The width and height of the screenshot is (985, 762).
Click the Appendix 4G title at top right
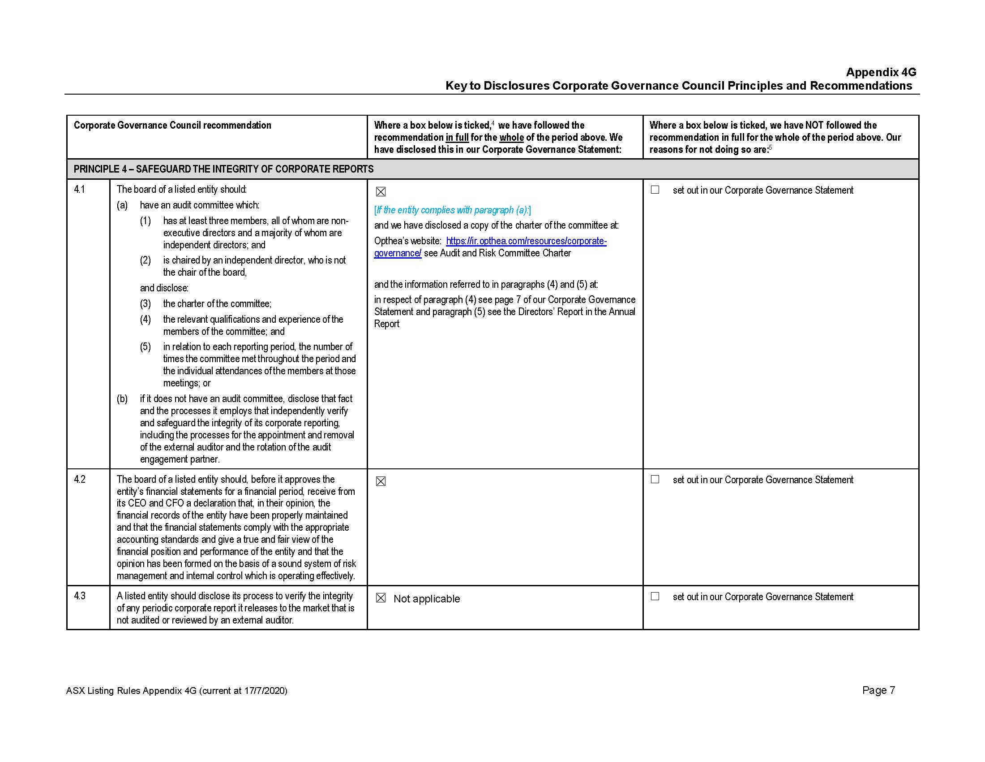click(x=880, y=72)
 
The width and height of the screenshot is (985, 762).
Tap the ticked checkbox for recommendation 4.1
click(x=381, y=192)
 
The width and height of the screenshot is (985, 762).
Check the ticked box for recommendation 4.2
click(x=381, y=481)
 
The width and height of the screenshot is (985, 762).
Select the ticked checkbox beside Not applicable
click(x=381, y=598)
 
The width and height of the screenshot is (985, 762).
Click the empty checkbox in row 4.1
click(x=655, y=190)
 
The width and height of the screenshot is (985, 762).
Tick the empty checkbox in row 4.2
click(x=655, y=480)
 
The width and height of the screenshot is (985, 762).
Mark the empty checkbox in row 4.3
click(x=655, y=596)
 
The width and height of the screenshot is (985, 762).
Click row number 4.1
click(x=79, y=190)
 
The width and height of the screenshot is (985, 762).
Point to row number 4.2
click(x=79, y=480)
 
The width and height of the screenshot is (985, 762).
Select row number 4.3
click(x=79, y=596)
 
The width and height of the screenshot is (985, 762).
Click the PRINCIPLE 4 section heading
click(x=223, y=169)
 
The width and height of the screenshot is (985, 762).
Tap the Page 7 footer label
click(x=878, y=690)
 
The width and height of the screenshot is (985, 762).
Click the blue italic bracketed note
click(x=452, y=210)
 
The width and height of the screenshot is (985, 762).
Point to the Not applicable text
click(x=427, y=598)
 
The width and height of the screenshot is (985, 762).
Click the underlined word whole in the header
click(x=511, y=137)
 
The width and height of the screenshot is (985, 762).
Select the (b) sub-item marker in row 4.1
click(x=122, y=398)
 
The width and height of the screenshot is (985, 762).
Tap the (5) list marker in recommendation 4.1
click(x=145, y=346)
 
